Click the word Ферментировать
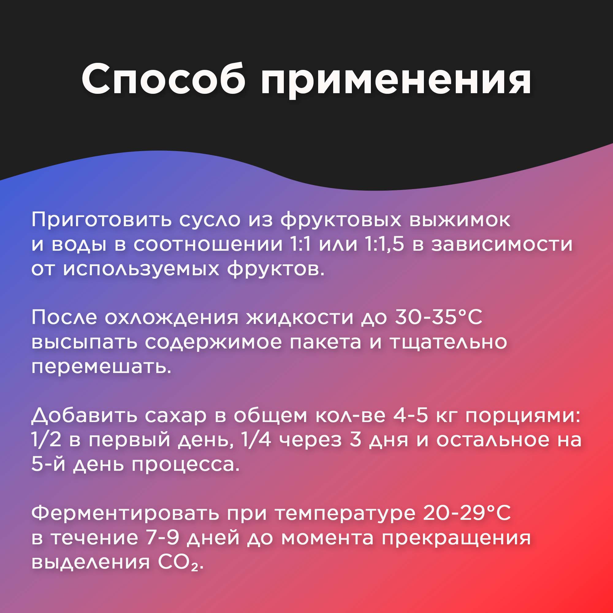125,514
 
